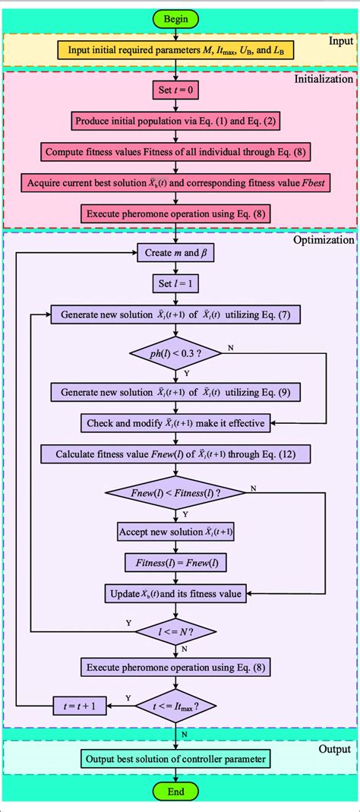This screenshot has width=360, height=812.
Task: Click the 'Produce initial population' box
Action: [x=175, y=120]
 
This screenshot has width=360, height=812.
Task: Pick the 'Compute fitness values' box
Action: [x=175, y=151]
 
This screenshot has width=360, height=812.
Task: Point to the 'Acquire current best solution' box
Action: [x=175, y=183]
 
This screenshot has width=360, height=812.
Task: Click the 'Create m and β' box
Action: [x=175, y=253]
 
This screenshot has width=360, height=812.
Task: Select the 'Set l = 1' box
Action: [x=175, y=283]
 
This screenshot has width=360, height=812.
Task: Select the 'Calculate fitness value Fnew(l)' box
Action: [x=175, y=454]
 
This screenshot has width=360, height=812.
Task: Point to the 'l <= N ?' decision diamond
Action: [x=175, y=630]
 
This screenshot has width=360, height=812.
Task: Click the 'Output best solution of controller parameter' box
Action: [x=175, y=757]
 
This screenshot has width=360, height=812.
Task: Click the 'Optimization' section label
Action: [x=323, y=239]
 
